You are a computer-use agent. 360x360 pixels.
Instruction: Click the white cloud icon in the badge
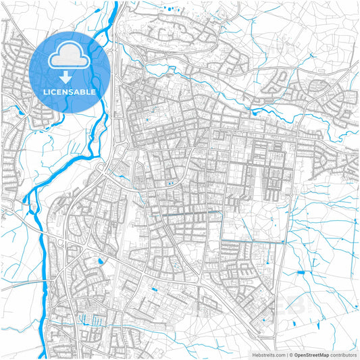tap(66, 54)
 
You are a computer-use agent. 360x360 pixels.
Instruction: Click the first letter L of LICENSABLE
tap(45, 91)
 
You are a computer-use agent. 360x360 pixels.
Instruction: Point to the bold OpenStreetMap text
tap(311, 355)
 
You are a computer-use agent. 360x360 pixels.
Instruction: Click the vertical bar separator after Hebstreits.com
tap(286, 355)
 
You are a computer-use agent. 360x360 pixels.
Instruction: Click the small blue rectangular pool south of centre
tap(154, 289)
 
